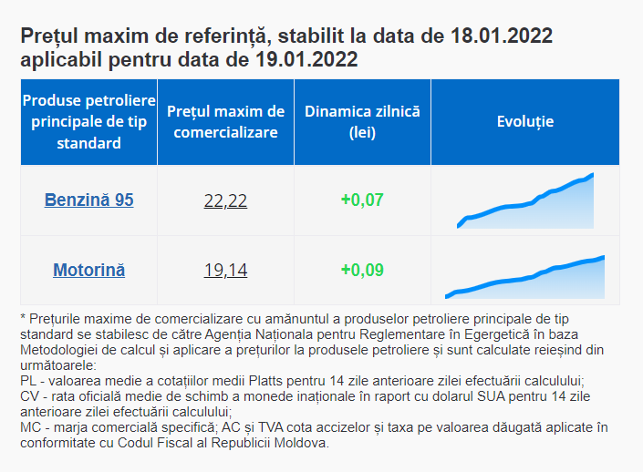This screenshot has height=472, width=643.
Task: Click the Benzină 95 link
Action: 88,200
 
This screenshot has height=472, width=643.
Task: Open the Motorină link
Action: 88,270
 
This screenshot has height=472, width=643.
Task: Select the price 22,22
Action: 225,200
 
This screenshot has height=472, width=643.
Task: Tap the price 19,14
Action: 225,271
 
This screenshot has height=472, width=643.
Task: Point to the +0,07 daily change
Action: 362,200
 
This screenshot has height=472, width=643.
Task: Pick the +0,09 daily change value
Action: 362,270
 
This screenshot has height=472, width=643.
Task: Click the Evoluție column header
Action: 525,121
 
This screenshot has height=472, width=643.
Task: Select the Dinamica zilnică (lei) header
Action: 362,121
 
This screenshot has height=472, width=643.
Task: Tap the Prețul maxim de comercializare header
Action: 225,121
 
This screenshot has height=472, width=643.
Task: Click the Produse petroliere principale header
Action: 88,121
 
